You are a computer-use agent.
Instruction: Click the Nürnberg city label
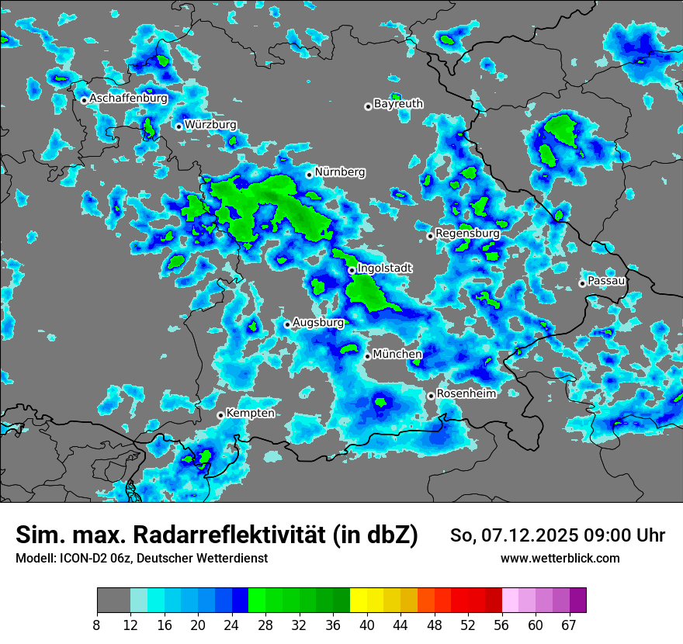[340, 172]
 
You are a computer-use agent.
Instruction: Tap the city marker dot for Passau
[582, 283]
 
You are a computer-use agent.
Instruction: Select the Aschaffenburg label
[128, 99]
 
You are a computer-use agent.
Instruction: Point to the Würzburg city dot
[179, 126]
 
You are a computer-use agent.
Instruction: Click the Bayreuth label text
[398, 104]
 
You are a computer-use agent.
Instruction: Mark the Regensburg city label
[467, 234]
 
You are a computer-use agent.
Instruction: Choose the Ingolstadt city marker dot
[352, 270]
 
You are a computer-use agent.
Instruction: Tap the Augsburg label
[318, 323]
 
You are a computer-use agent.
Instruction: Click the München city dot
[367, 356]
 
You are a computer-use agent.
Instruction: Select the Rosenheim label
[466, 393]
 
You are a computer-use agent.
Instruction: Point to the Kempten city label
[250, 414]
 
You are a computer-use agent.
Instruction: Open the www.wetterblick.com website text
[560, 559]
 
